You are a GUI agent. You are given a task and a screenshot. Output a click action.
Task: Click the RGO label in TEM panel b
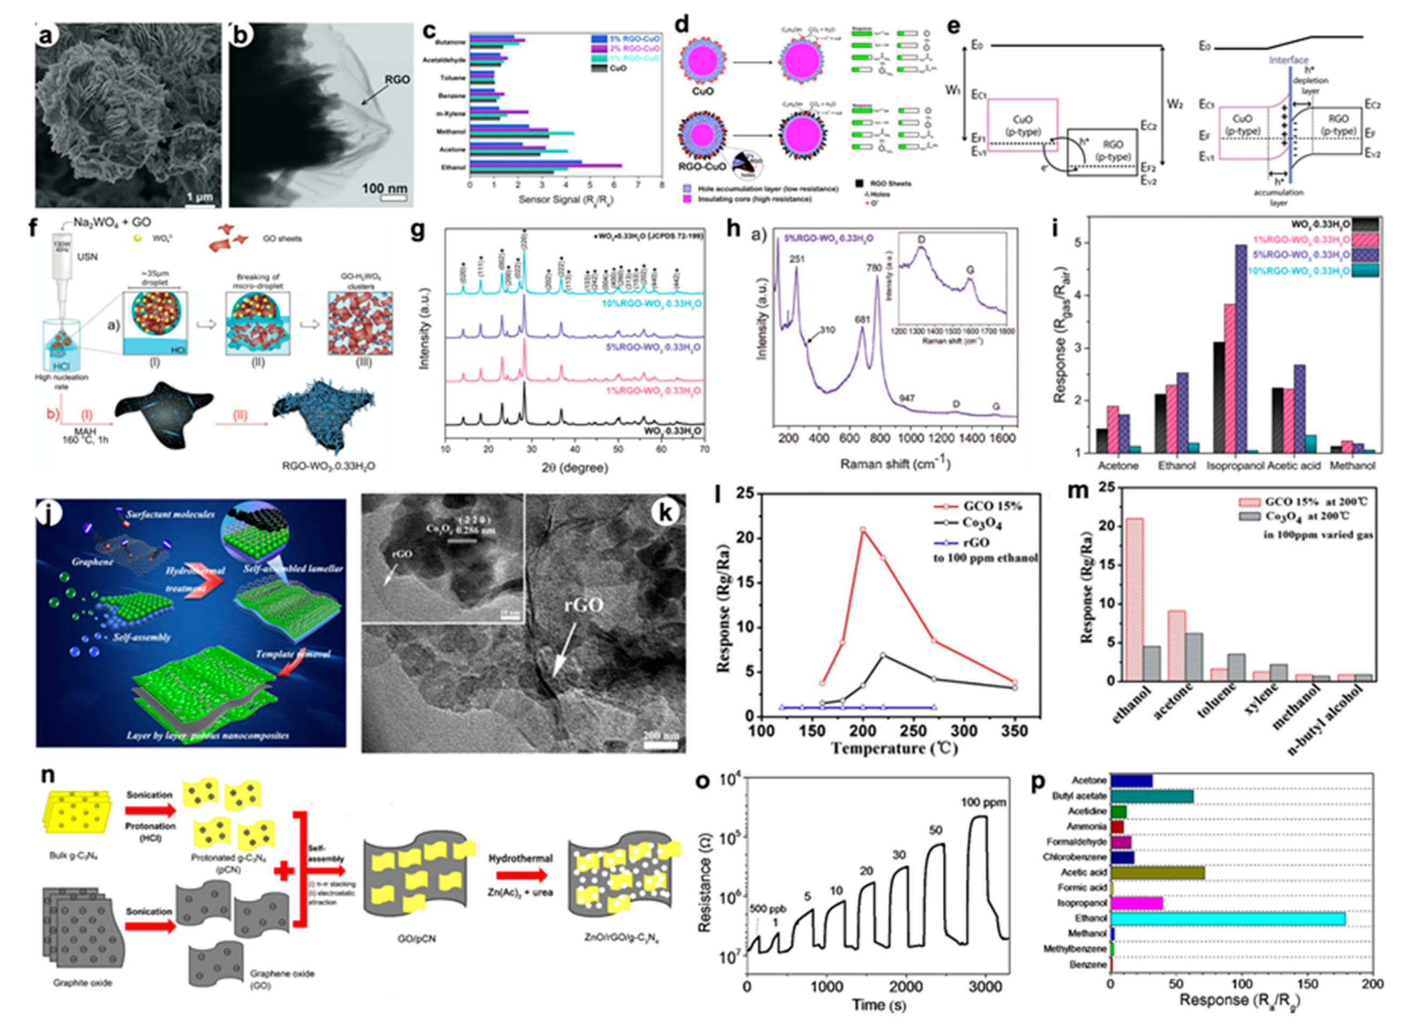coord(397,79)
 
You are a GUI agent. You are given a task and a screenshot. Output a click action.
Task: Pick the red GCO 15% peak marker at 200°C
coord(863,530)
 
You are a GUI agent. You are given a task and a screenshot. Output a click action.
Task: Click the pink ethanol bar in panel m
coord(1134,599)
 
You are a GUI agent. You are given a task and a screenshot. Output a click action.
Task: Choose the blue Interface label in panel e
coord(1288,60)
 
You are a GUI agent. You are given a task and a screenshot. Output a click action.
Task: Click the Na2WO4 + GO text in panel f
coord(112,222)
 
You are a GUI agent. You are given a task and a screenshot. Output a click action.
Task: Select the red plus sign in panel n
coord(284,871)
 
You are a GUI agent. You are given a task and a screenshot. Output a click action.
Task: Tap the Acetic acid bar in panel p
coord(1157,872)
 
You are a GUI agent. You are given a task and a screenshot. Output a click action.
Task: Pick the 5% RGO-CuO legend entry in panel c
coord(626,38)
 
